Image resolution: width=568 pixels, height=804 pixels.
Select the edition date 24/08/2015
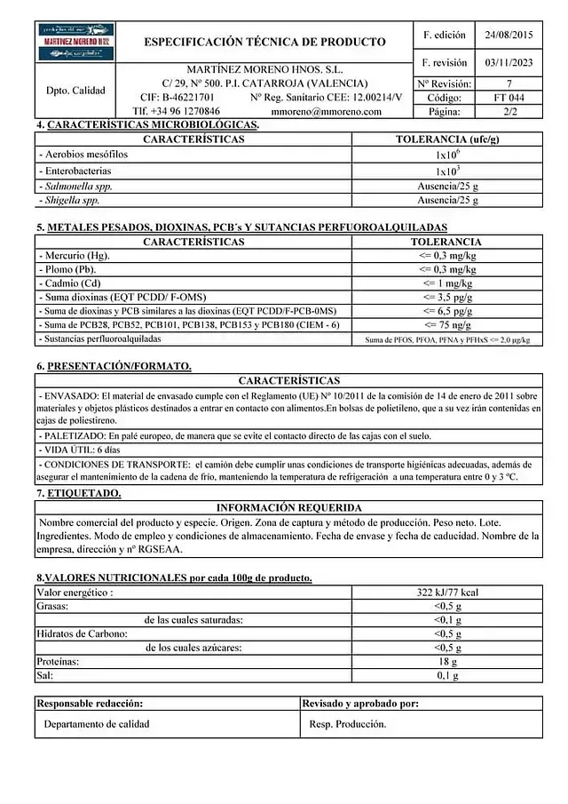509,36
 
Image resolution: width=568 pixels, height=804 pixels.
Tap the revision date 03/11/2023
509,63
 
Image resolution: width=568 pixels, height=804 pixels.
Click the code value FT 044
509,98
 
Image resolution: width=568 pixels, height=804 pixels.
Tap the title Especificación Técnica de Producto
264,42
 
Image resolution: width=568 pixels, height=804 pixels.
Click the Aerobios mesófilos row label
84,155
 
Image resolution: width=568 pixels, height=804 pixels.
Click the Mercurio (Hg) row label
75,256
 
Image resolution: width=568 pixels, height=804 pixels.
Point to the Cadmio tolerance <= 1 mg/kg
447,283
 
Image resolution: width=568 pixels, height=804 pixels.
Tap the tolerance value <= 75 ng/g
447,325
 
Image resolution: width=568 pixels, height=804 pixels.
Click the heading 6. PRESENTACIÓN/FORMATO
114,366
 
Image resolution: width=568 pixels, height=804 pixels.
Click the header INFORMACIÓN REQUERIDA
288,507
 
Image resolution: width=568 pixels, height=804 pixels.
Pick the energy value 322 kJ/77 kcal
447,592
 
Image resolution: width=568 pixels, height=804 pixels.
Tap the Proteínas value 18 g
447,663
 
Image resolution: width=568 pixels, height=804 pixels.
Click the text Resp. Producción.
348,724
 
